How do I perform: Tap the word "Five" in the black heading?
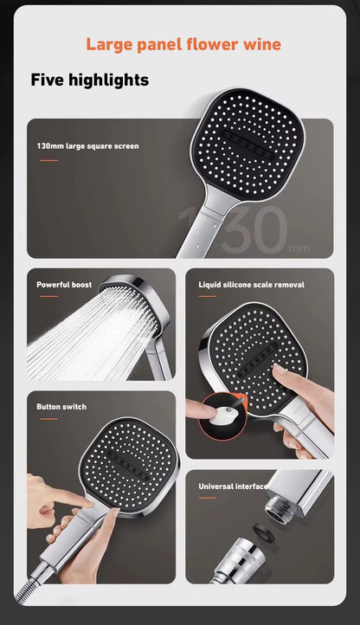pyautogui.click(x=48, y=80)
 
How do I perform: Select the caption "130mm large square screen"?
pyautogui.click(x=87, y=146)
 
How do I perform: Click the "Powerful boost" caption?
pyautogui.click(x=64, y=285)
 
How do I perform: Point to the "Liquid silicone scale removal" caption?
pyautogui.click(x=251, y=285)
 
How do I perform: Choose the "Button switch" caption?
pyautogui.click(x=61, y=407)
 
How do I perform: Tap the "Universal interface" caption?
pyautogui.click(x=233, y=486)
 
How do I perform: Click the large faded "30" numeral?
pyautogui.click(x=254, y=230)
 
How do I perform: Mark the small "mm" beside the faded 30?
pyautogui.click(x=299, y=249)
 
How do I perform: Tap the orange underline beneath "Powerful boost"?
pyautogui.click(x=49, y=296)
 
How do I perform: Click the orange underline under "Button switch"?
pyautogui.click(x=49, y=418)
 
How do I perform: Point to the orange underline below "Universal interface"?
pyautogui.click(x=208, y=498)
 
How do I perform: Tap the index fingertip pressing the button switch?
pyautogui.click(x=89, y=503)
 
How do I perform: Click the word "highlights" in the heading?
pyautogui.click(x=108, y=81)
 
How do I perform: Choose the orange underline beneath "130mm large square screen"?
pyautogui.click(x=49, y=161)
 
